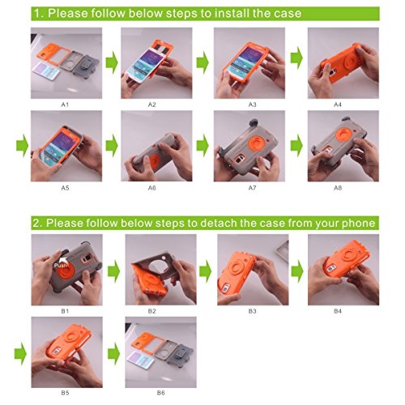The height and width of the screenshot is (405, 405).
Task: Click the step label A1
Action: point(65,104)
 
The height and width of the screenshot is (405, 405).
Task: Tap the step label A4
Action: point(338,104)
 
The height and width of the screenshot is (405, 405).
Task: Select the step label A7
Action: point(252,188)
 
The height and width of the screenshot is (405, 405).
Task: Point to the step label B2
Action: point(152,311)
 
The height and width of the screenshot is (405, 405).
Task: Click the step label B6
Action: point(161,393)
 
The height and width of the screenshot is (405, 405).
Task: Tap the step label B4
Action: point(338,311)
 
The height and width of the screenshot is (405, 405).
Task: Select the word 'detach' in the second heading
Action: point(218,223)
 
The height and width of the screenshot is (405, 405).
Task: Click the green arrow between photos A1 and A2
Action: point(112,62)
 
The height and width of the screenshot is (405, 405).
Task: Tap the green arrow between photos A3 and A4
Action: point(296,58)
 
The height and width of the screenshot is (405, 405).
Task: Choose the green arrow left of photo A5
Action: point(22,146)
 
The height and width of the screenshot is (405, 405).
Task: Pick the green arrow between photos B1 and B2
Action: point(113,271)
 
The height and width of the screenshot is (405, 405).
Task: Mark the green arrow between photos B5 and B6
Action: point(113,354)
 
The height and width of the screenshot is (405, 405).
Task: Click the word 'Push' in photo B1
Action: point(60,266)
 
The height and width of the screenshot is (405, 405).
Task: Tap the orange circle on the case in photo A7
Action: point(254,143)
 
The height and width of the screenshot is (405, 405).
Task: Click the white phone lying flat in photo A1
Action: point(46,70)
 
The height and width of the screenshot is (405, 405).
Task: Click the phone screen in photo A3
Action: point(245,61)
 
